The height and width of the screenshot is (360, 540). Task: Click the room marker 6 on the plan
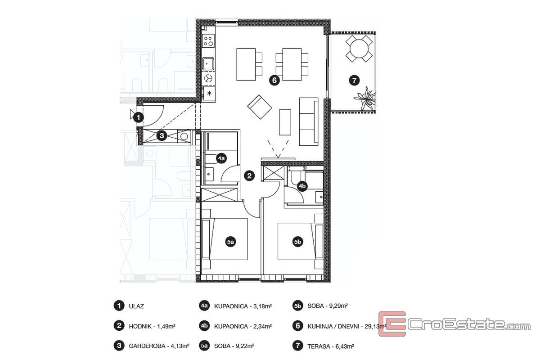point(274,80)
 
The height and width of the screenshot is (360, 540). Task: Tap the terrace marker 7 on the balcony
point(354,80)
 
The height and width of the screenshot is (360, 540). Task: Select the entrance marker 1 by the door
point(139,117)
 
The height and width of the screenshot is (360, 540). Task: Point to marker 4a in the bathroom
point(221,158)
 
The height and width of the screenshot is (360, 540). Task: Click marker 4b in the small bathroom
point(302,186)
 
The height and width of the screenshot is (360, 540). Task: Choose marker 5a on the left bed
point(230,242)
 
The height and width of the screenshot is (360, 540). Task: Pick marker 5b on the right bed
point(297,242)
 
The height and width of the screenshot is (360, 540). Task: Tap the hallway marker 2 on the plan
point(249,175)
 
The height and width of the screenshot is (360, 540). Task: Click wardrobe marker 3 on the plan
point(162,135)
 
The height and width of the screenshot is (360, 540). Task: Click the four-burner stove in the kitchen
point(208,41)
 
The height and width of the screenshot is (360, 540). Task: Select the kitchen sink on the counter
point(208,63)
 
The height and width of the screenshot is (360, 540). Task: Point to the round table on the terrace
point(359,48)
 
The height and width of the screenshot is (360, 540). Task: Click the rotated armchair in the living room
point(260,107)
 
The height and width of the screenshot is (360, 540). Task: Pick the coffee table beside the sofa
point(285,122)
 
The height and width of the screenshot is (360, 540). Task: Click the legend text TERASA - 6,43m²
point(330,346)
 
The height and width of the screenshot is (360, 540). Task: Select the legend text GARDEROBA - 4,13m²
point(159,346)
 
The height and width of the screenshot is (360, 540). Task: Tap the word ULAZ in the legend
point(136,306)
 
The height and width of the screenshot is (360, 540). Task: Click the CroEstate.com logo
point(454,324)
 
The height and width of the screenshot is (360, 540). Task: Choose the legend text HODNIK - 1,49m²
point(152,326)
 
